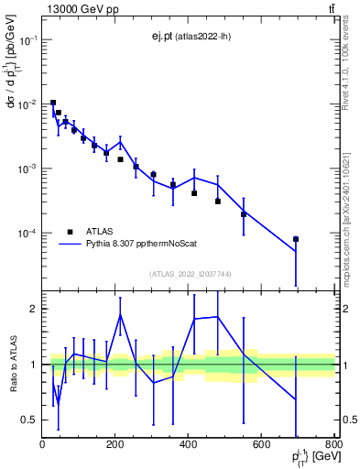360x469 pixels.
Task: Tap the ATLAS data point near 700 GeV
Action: pyautogui.click(x=296, y=239)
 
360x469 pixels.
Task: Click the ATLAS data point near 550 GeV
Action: pyautogui.click(x=244, y=214)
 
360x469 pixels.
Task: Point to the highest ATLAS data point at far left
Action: pyautogui.click(x=53, y=103)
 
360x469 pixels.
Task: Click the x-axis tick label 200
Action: pyautogui.click(x=115, y=445)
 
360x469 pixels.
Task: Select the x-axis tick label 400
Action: pyautogui.click(x=189, y=445)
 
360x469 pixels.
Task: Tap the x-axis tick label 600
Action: pyautogui.click(x=261, y=445)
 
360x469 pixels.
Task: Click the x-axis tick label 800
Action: pyautogui.click(x=333, y=445)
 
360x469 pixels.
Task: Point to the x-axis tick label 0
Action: pyautogui.click(x=43, y=445)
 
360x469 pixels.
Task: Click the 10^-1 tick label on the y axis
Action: pyautogui.click(x=27, y=40)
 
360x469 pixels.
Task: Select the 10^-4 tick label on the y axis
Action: pyautogui.click(x=27, y=234)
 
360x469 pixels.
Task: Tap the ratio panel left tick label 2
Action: pyautogui.click(x=34, y=309)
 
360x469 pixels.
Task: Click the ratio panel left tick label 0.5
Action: pyautogui.click(x=29, y=420)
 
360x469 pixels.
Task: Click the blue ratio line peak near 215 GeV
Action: pyautogui.click(x=120, y=314)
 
